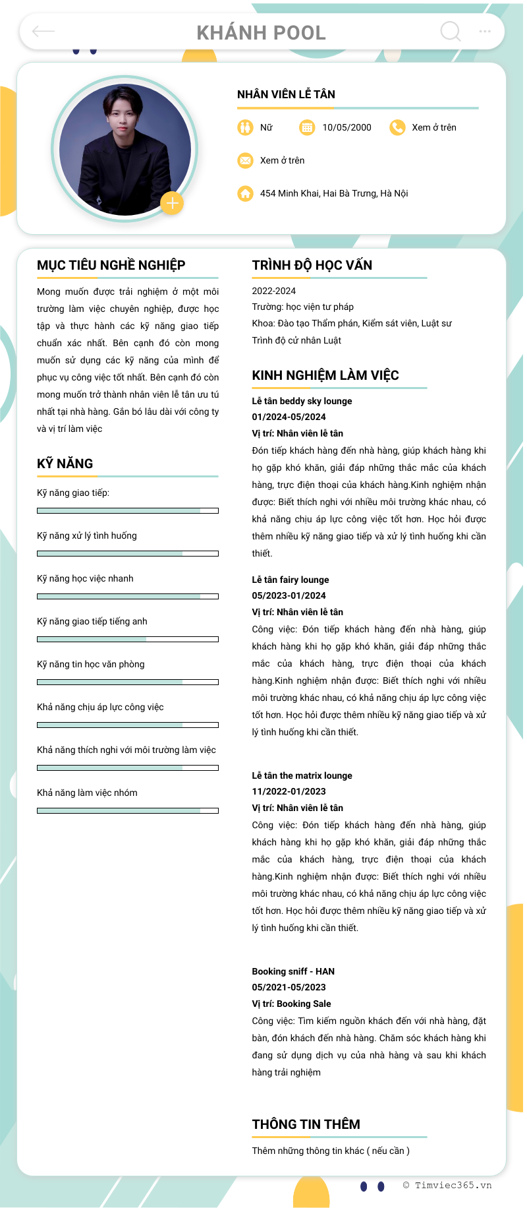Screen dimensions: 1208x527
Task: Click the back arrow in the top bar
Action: click(43, 31)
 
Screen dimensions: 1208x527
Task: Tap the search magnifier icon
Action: click(451, 31)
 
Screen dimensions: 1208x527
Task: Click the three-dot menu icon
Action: click(485, 31)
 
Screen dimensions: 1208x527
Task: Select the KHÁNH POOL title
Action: click(262, 32)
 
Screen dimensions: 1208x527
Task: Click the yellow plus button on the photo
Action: click(172, 203)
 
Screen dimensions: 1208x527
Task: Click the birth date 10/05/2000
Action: click(347, 127)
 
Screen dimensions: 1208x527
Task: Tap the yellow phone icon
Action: click(397, 127)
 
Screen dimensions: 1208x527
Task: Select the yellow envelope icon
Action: click(245, 160)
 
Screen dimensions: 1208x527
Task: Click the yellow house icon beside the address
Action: click(245, 193)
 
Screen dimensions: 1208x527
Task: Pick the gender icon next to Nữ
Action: click(245, 127)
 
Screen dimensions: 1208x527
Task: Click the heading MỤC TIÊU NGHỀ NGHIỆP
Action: click(111, 265)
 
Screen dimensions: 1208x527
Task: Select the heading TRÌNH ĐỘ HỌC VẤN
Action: click(312, 265)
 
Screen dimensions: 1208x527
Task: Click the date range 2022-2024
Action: click(274, 291)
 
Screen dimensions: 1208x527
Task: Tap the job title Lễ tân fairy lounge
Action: click(291, 580)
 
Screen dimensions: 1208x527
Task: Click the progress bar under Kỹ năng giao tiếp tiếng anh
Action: click(128, 639)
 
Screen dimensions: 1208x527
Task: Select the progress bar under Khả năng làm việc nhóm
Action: click(128, 810)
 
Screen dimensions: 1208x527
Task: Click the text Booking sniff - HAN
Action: click(293, 971)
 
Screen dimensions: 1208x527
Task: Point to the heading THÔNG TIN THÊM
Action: click(306, 1124)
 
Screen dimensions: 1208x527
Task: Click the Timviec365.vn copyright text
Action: click(447, 1185)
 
